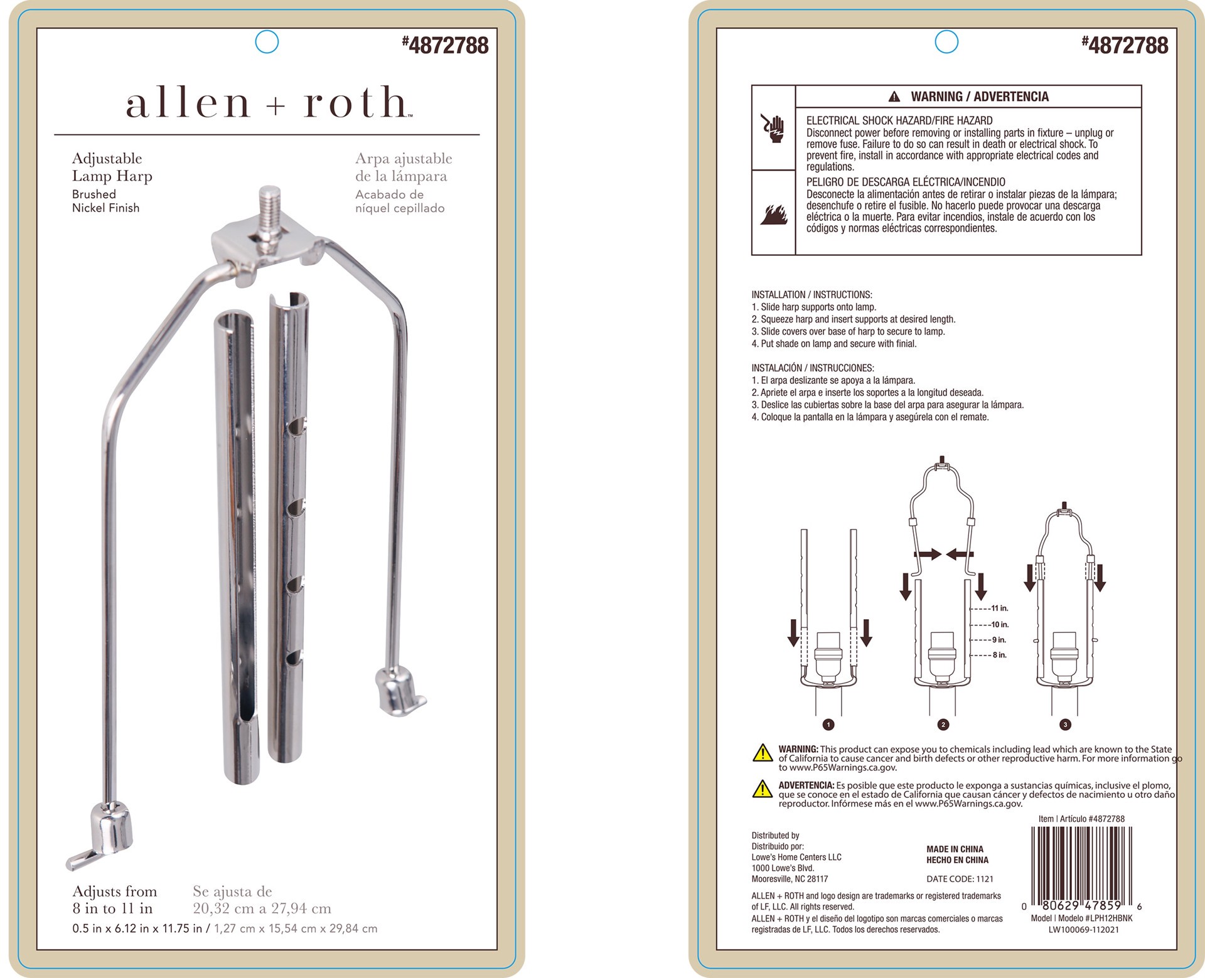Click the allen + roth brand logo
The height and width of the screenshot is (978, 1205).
(269, 103)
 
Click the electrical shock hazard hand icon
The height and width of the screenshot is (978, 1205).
(773, 128)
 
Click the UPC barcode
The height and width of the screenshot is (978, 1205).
(1082, 864)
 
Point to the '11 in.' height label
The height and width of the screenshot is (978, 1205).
(1000, 609)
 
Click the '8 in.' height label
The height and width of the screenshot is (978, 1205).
(999, 655)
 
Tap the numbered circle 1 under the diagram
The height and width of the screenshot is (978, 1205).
(828, 725)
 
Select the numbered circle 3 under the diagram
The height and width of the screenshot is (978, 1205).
(1065, 725)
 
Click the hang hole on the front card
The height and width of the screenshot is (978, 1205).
(267, 42)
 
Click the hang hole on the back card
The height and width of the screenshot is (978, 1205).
(946, 42)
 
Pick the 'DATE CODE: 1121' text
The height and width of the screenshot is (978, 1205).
(960, 879)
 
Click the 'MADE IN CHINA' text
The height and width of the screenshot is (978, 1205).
(955, 849)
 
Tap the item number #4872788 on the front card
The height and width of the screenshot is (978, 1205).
(445, 45)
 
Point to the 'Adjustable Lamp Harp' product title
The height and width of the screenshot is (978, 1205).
(112, 167)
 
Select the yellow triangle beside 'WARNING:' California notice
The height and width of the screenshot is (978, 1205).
(762, 752)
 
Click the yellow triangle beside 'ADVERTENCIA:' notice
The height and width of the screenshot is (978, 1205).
(762, 789)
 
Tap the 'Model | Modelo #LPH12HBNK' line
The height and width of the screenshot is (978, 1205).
(1081, 918)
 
